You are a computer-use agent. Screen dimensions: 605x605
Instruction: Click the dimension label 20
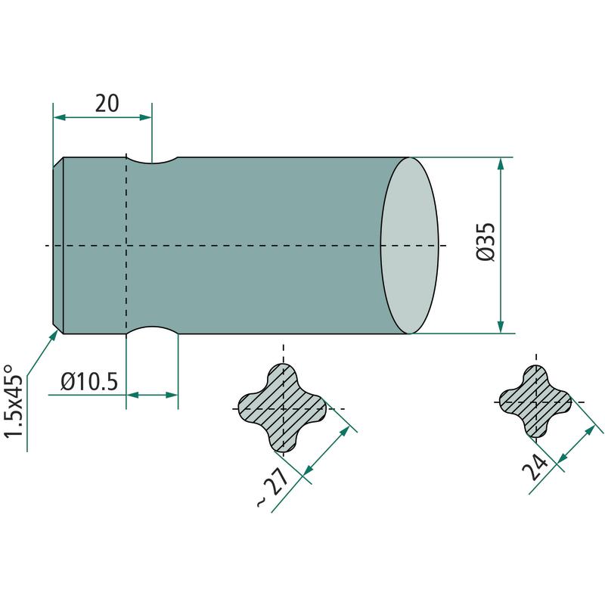(x=107, y=104)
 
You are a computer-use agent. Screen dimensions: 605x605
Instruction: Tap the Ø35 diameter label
(x=486, y=242)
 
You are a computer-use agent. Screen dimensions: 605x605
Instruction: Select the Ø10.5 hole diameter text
(x=89, y=382)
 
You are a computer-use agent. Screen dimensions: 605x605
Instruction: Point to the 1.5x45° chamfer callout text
(x=14, y=402)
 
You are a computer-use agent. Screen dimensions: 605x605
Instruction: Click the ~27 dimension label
(x=272, y=487)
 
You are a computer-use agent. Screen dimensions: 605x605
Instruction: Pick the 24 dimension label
(x=535, y=467)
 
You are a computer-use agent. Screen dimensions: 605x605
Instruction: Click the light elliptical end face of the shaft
(x=410, y=245)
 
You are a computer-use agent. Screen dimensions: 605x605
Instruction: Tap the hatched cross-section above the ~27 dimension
(x=283, y=408)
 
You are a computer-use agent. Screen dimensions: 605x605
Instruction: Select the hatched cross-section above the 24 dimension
(x=535, y=402)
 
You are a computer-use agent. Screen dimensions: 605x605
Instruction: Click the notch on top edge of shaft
(x=152, y=160)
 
